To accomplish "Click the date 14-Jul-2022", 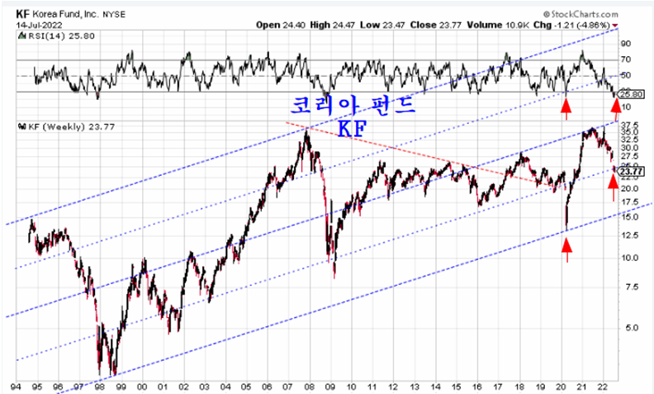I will (30, 22).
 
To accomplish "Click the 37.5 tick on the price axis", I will (628, 124).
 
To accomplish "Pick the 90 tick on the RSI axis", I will (626, 43).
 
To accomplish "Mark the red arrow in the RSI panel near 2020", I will (566, 105).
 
